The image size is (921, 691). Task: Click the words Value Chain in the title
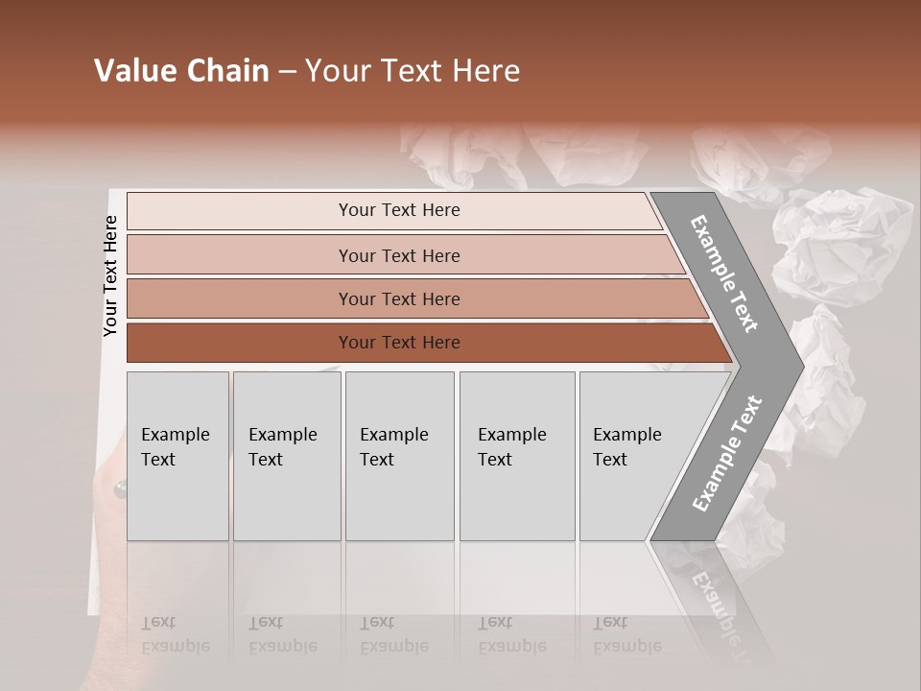click(181, 71)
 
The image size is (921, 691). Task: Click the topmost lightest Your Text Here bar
click(398, 210)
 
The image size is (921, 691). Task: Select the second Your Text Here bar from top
click(398, 255)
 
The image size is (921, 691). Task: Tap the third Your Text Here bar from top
click(398, 298)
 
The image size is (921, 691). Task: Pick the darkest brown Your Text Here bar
click(398, 343)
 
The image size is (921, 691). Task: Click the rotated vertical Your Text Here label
click(111, 275)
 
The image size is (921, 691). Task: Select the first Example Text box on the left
click(177, 456)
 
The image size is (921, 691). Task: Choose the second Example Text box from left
click(286, 456)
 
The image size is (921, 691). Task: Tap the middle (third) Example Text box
click(399, 456)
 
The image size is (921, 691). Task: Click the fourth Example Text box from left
click(516, 456)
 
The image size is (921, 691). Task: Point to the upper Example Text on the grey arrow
click(724, 274)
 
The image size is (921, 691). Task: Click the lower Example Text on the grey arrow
click(726, 453)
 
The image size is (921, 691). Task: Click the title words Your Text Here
click(413, 71)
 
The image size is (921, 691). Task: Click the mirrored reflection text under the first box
click(175, 634)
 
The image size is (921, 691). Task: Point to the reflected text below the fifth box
click(627, 634)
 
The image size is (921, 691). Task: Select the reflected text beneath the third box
click(393, 634)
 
